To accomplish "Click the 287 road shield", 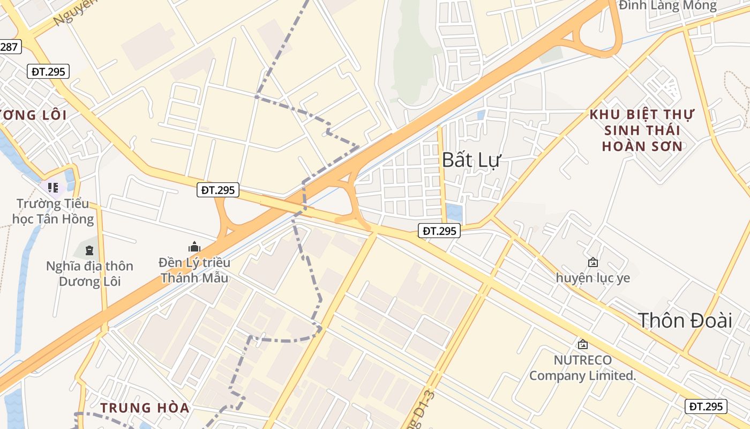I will tap(9, 47).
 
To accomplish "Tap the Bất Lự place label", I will tap(471, 159).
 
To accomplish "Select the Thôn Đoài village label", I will tap(685, 320).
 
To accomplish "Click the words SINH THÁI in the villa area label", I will tap(642, 130).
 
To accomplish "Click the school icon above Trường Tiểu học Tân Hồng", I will tap(52, 187).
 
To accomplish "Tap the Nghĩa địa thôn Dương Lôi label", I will tap(89, 273).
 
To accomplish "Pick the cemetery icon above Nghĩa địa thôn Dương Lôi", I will tap(89, 250).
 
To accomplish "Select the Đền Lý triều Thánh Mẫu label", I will tap(194, 270).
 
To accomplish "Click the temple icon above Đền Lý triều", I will tap(194, 247).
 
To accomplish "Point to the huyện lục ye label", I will tap(593, 278).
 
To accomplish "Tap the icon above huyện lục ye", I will tap(593, 262).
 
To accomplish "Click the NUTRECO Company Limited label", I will tap(582, 367).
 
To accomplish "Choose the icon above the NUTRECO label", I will tap(582, 344).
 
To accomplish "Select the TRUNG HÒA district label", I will tap(145, 408).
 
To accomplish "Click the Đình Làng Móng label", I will tap(667, 6).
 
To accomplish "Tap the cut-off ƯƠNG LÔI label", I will tap(33, 115).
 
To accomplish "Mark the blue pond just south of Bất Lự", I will tap(454, 212).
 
